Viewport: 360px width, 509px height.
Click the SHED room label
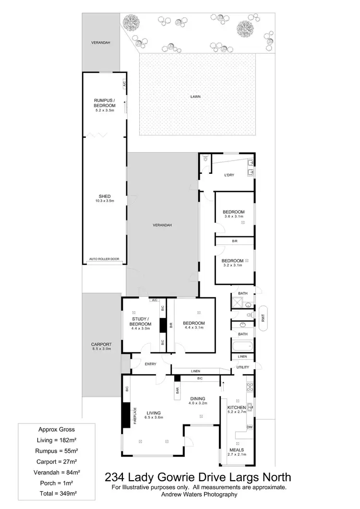105,196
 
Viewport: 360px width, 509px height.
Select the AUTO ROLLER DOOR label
105,259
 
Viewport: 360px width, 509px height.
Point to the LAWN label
195,96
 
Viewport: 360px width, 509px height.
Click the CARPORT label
101,344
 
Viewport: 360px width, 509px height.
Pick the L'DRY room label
228,175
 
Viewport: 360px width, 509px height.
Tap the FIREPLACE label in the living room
135,415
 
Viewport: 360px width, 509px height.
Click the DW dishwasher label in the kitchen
249,427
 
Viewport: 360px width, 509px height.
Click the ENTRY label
150,364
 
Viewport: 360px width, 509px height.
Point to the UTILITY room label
242,367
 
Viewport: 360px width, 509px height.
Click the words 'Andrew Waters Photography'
199,494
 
